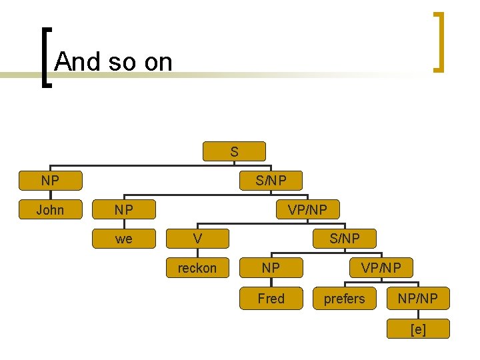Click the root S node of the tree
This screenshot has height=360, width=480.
pyautogui.click(x=234, y=151)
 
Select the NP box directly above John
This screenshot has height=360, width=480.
pyautogui.click(x=50, y=180)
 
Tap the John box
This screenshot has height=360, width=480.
pyautogui.click(x=50, y=210)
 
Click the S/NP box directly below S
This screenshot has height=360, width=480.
pyautogui.click(x=271, y=180)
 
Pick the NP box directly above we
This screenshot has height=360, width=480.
pyautogui.click(x=123, y=210)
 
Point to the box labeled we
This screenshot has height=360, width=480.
pyautogui.click(x=123, y=239)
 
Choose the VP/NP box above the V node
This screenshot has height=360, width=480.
pyautogui.click(x=307, y=210)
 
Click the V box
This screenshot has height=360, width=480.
pyautogui.click(x=197, y=238)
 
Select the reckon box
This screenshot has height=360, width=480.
pyautogui.click(x=197, y=268)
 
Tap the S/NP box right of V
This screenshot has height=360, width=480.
pyautogui.click(x=345, y=238)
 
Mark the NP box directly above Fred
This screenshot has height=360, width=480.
pyautogui.click(x=271, y=268)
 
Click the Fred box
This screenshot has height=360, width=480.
pyautogui.click(x=271, y=298)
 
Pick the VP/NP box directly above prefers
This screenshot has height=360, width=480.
pyautogui.click(x=381, y=268)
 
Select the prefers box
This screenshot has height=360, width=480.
pyautogui.click(x=345, y=298)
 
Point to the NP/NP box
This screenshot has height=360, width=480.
pyautogui.click(x=418, y=298)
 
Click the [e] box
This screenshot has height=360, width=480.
pyautogui.click(x=418, y=329)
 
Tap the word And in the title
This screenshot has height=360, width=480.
pyautogui.click(x=76, y=62)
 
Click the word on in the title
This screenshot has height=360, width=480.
pyautogui.click(x=158, y=62)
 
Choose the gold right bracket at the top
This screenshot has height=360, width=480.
pyautogui.click(x=439, y=41)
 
